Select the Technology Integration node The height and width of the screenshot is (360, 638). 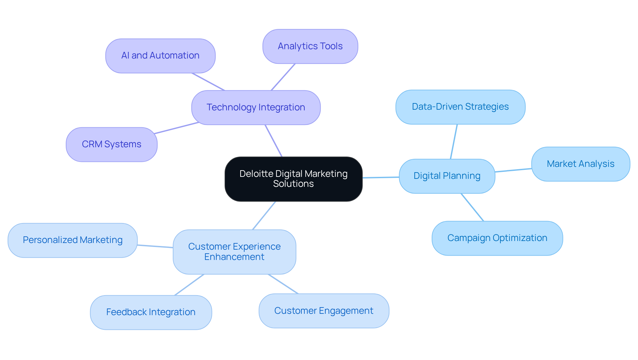(x=256, y=107)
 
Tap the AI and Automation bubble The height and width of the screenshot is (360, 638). (x=160, y=56)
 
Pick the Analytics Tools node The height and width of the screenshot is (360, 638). (x=310, y=46)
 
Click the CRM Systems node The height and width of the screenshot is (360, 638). (x=111, y=144)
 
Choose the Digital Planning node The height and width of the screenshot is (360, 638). (x=447, y=176)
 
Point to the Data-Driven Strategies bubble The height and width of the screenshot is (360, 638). (x=460, y=107)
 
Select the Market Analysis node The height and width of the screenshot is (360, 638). (x=580, y=164)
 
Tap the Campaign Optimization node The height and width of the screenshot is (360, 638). (x=497, y=238)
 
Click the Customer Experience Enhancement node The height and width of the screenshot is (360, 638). (x=234, y=252)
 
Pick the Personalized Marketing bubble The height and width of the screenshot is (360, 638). (x=72, y=240)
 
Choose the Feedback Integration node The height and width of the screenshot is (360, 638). (x=151, y=312)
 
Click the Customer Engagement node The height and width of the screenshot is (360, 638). (x=324, y=311)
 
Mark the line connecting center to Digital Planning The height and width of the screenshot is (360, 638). (x=380, y=178)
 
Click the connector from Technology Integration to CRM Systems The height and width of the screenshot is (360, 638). (x=176, y=128)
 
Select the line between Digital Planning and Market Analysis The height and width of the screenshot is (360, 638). (x=513, y=170)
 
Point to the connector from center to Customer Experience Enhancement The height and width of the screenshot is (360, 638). (x=264, y=215)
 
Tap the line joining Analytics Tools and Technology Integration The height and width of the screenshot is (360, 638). (x=283, y=77)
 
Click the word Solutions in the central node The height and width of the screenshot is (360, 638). (x=293, y=184)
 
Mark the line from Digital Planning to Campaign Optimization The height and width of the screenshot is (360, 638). (x=472, y=207)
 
